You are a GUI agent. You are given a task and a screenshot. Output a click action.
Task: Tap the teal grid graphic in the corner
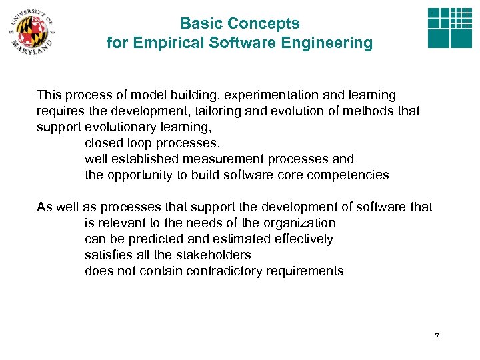449,29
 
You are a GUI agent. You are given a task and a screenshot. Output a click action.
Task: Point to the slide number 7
437,336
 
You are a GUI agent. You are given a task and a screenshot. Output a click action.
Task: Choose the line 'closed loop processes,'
152,143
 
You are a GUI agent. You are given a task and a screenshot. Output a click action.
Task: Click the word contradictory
243,271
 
